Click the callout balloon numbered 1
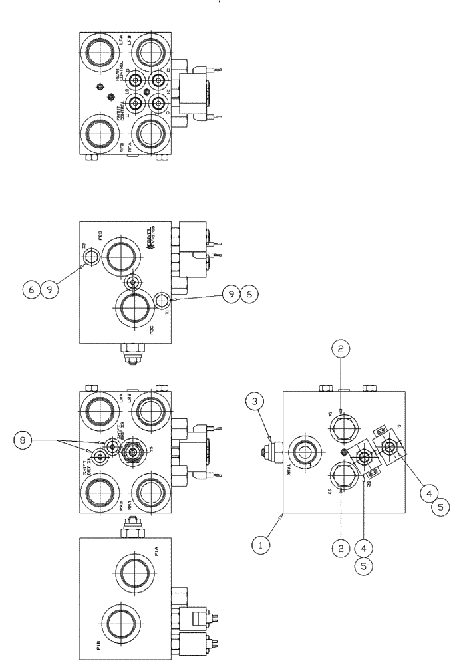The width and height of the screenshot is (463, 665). (261, 545)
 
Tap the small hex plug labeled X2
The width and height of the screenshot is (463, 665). (90, 255)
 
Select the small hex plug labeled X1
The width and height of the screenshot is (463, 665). (162, 301)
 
